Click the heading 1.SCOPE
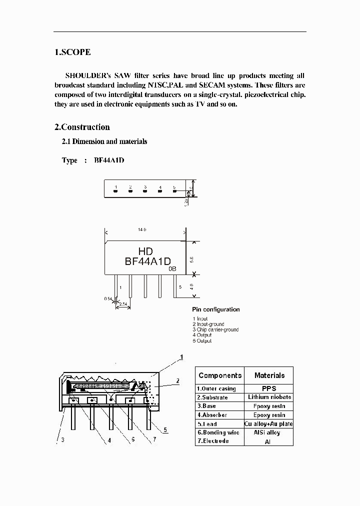72,52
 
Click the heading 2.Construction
82,127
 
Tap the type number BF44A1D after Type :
108,160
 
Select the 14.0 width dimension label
142,229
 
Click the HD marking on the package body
145,251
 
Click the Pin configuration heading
215,309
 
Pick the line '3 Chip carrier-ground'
215,330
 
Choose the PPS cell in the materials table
268,388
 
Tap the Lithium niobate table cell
269,397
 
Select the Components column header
220,375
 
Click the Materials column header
269,375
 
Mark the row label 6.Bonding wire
218,432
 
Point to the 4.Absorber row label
212,415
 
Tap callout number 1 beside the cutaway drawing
181,357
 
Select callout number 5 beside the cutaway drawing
165,429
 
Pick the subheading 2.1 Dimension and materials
104,142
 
